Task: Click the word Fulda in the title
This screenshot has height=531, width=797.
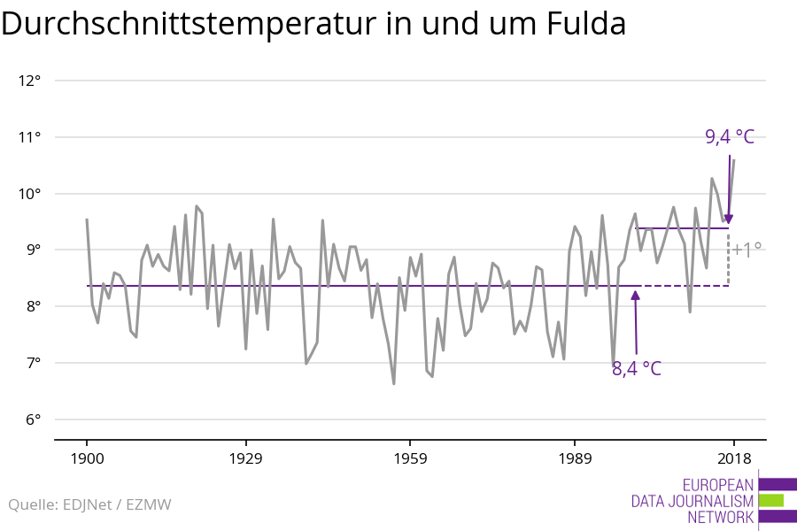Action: click(x=583, y=25)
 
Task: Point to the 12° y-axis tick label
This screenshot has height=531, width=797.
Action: click(x=30, y=81)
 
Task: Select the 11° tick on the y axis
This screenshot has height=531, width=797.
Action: click(x=30, y=137)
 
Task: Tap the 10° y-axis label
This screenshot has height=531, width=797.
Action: click(x=30, y=194)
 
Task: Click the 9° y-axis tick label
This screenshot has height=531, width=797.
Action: click(x=34, y=250)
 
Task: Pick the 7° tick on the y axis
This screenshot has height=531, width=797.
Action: click(x=34, y=363)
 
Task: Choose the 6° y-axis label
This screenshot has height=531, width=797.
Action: click(x=34, y=419)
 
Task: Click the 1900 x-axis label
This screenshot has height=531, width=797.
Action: click(x=87, y=458)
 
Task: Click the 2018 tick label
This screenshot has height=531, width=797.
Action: click(x=733, y=458)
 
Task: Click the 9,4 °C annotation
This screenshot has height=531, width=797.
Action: click(x=729, y=136)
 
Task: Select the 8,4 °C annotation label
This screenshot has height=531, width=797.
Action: click(x=637, y=368)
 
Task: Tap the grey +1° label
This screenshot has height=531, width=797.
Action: click(x=747, y=250)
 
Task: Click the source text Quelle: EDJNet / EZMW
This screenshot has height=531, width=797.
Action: click(x=90, y=505)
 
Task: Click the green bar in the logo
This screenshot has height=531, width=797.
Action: click(x=771, y=500)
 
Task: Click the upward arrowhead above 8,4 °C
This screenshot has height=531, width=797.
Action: click(x=635, y=296)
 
